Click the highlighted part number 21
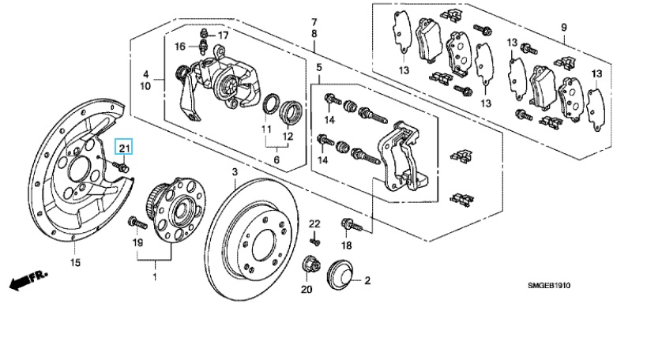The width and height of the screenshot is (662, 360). pyautogui.click(x=125, y=148)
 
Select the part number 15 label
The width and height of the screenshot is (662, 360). pyautogui.click(x=75, y=263)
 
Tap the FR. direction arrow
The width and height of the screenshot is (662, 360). pyautogui.click(x=28, y=280)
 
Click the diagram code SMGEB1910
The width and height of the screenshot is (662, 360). pyautogui.click(x=548, y=286)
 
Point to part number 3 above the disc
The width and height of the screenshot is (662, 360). pyautogui.click(x=235, y=172)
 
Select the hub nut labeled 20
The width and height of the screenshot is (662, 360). pyautogui.click(x=309, y=265)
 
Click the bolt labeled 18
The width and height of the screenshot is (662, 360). pyautogui.click(x=352, y=225)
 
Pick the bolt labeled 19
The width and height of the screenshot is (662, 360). pyautogui.click(x=137, y=223)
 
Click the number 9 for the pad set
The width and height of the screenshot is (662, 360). pyautogui.click(x=564, y=28)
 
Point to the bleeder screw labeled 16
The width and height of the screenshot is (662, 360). pyautogui.click(x=204, y=47)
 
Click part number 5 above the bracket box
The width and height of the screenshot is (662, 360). pyautogui.click(x=319, y=66)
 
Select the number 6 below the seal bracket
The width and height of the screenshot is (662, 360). pyautogui.click(x=276, y=160)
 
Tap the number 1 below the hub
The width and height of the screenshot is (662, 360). pyautogui.click(x=155, y=277)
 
